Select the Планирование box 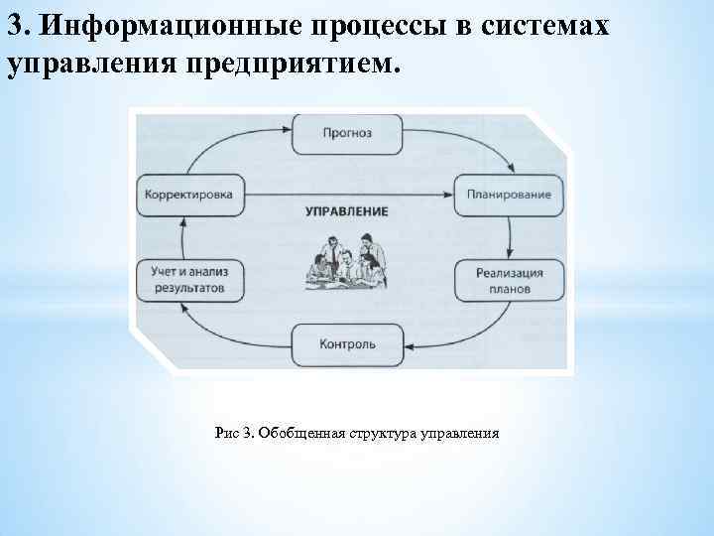click(509, 195)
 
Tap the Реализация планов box click(509, 281)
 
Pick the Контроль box click(348, 344)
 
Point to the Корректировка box click(187, 195)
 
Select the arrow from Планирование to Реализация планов click(510, 235)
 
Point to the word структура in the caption click(382, 433)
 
